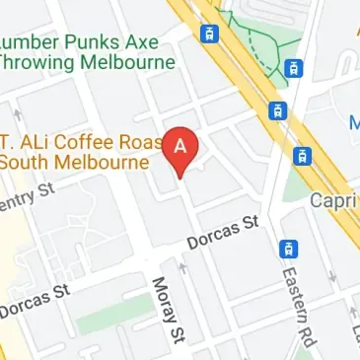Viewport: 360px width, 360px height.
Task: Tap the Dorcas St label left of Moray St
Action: pos(36,302)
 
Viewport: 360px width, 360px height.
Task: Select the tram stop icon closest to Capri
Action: pos(302,156)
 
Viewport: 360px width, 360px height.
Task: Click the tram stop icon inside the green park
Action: pos(293,68)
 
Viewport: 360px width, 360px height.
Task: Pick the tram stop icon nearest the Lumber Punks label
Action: pos(209,34)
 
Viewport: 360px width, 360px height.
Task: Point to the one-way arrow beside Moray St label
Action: pos(180,266)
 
